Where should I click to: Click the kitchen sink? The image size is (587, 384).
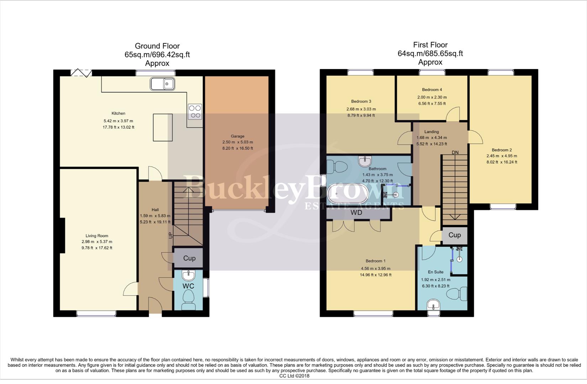coord(162,84)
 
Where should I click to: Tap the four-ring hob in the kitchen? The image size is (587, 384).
coord(194,111)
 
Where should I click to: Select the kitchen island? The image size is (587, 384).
coord(163,127)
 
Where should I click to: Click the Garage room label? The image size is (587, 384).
coord(237,136)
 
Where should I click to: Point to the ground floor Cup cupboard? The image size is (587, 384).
coord(189,258)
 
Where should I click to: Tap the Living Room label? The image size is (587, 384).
coord(97,236)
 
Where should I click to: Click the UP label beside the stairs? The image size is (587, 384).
coord(170,235)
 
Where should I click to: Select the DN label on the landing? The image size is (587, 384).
coord(455,153)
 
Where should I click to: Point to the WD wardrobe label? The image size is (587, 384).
coord(356,213)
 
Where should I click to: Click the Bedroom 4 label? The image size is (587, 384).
coord(432,90)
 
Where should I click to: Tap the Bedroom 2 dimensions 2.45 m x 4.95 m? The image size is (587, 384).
coord(502,156)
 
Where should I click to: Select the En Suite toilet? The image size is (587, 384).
coord(458,294)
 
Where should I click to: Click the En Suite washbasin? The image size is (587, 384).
coord(433,305)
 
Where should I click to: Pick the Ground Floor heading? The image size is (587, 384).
coord(157,46)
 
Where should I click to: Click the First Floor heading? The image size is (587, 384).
coord(430,45)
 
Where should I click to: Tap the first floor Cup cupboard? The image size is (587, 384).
coord(454,235)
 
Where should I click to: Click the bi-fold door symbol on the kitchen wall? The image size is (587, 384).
coord(81,73)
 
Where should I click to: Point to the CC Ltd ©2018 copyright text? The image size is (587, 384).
coord(294,376)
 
